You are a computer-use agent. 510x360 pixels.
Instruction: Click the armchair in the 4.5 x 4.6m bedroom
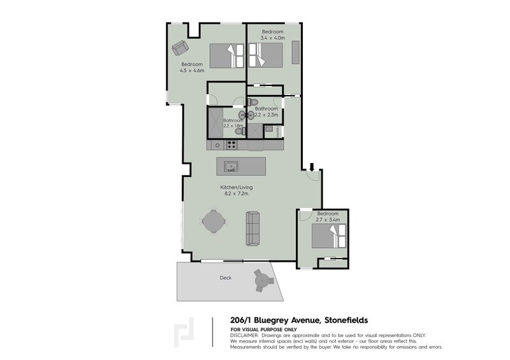click(180, 48)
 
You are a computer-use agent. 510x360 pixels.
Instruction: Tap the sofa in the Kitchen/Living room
click(253, 227)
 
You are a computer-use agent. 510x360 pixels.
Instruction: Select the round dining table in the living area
click(214, 222)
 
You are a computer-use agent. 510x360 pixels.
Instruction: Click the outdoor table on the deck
click(261, 279)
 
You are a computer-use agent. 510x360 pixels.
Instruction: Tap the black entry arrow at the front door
click(312, 168)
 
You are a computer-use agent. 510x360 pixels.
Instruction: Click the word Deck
click(225, 278)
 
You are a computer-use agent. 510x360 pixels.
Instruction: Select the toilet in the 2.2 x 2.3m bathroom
click(253, 102)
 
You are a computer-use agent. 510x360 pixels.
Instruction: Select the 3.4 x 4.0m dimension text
click(272, 38)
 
